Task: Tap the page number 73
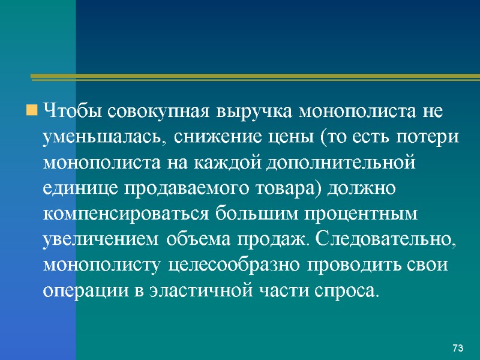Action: (458, 349)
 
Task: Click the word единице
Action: (81, 188)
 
